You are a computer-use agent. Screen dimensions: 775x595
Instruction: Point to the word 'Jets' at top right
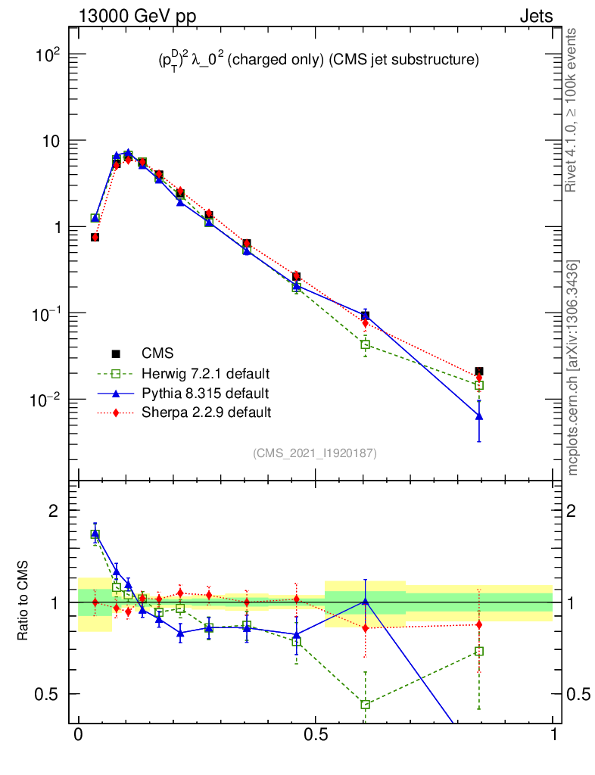[x=535, y=16]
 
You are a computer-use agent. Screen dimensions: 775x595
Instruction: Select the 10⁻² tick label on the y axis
[x=47, y=400]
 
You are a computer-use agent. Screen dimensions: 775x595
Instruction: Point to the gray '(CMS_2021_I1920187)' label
[x=315, y=453]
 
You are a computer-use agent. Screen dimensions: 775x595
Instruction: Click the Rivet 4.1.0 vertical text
[x=572, y=110]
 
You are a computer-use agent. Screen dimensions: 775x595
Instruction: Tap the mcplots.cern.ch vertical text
[x=573, y=367]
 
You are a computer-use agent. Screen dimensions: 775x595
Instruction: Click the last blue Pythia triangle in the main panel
[x=478, y=416]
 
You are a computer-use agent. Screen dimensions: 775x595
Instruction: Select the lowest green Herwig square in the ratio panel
[x=365, y=705]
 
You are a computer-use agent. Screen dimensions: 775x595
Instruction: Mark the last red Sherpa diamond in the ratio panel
[x=478, y=624]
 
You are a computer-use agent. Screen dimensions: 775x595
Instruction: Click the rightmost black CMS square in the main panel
[x=478, y=372]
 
